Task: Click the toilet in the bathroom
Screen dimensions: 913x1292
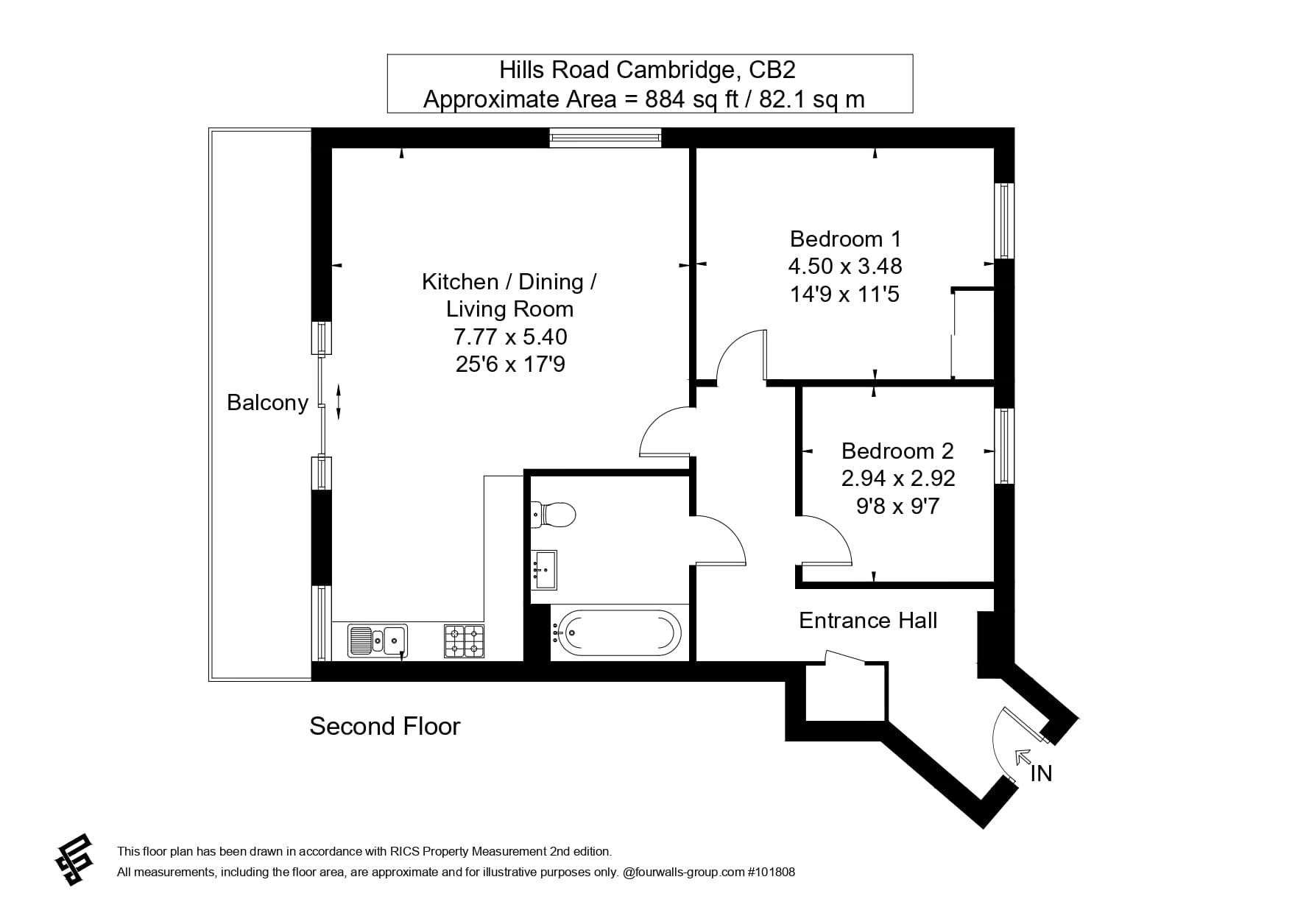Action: (x=554, y=514)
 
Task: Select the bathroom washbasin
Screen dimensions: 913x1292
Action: (x=544, y=569)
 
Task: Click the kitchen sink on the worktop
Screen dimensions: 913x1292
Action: (x=378, y=640)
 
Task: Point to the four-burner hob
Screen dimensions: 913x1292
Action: (x=464, y=641)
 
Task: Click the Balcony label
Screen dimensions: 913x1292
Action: (x=267, y=403)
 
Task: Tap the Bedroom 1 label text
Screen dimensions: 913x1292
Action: (x=845, y=239)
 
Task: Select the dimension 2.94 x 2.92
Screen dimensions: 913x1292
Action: (x=897, y=479)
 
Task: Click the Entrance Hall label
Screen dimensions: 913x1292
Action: (x=868, y=621)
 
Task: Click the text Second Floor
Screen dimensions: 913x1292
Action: (x=384, y=727)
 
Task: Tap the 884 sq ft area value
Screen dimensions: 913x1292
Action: (x=691, y=99)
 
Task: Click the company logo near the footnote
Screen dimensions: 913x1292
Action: (x=74, y=859)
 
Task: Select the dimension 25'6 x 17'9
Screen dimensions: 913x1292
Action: (x=510, y=364)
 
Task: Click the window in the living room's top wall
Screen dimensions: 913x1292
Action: (x=605, y=137)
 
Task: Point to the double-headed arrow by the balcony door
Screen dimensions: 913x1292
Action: (x=339, y=401)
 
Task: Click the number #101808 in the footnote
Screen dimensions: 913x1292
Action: (x=771, y=873)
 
